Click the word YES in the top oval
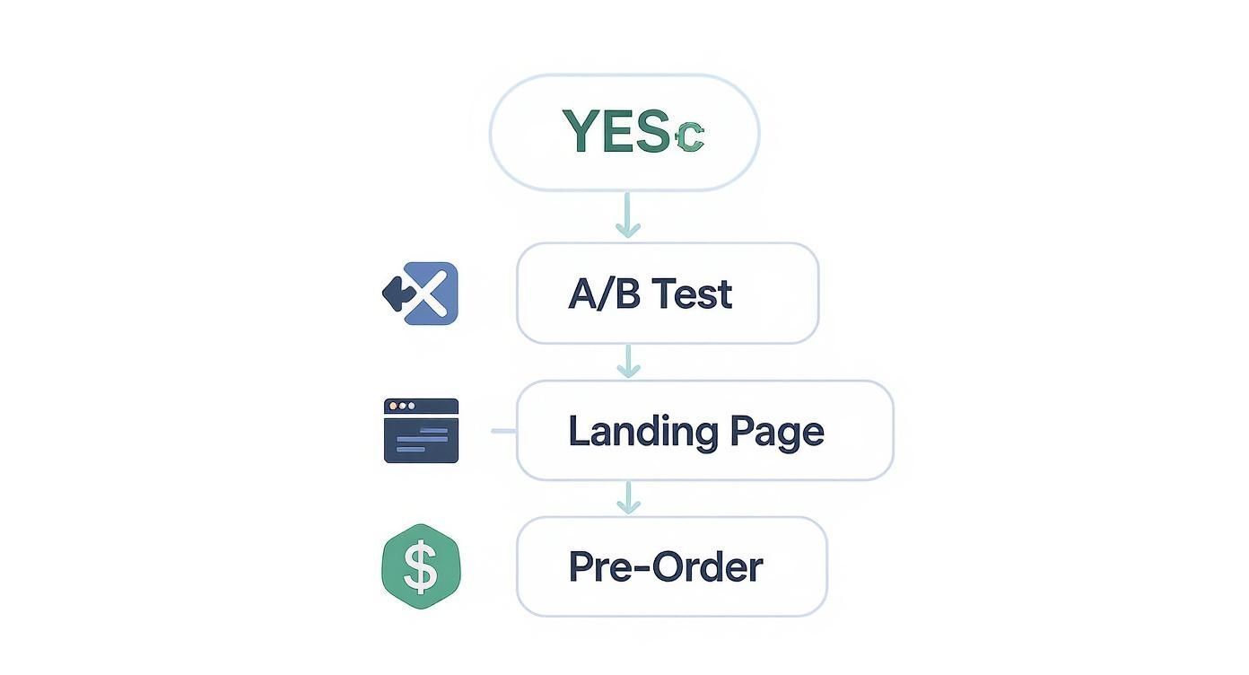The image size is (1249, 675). coord(616,132)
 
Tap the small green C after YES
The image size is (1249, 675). coord(689,136)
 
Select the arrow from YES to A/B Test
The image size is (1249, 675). coord(628,215)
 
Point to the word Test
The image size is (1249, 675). coord(692,294)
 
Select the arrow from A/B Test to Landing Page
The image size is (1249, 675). coord(629,361)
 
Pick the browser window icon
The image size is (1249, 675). coord(421,431)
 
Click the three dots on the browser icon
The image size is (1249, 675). coord(401,406)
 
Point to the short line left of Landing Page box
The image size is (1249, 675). coord(503,431)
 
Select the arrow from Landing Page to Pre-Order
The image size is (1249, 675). coord(629,498)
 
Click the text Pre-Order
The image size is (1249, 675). coord(666,566)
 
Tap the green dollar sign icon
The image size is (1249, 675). coord(421,566)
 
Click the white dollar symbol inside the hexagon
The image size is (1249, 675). coord(421,566)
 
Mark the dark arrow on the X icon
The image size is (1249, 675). coord(395,293)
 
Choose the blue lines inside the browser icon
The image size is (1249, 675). coord(422,440)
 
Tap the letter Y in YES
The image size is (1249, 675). coord(580,132)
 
